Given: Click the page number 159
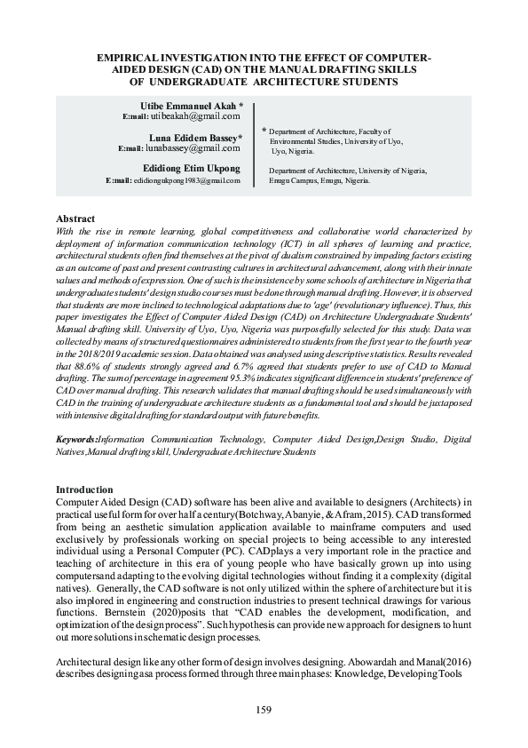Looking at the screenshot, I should point(263,710).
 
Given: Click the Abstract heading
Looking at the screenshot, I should point(75,219).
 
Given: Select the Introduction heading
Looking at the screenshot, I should point(84,489).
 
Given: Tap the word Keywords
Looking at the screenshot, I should point(76,439).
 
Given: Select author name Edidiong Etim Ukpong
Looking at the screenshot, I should point(191,169).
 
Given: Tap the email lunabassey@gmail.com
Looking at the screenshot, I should point(199,148).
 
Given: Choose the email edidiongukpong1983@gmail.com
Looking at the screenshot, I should point(186,180).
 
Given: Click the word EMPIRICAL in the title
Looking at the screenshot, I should point(132,58).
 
